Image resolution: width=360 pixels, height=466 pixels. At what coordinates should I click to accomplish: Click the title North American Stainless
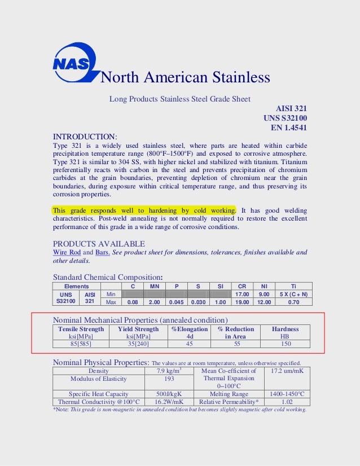(x=185, y=77)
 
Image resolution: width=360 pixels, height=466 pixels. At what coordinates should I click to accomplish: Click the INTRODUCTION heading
(x=85, y=137)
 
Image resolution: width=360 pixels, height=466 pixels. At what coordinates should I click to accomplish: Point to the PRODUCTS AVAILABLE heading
(x=99, y=244)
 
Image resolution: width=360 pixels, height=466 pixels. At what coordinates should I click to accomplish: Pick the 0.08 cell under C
(x=133, y=302)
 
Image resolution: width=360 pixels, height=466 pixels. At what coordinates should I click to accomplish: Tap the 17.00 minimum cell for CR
(x=242, y=294)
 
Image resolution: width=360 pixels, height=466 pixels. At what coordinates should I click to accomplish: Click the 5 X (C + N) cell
(x=293, y=294)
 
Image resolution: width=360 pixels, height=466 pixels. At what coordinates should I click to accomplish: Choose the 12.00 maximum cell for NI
(x=264, y=302)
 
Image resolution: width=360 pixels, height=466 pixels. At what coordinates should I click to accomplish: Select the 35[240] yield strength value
(x=138, y=343)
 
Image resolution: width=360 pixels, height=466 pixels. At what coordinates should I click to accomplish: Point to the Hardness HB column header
(x=285, y=332)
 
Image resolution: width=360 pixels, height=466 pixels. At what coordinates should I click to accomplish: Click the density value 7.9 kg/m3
(x=168, y=371)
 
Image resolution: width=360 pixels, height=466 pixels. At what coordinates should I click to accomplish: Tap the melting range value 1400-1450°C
(x=287, y=394)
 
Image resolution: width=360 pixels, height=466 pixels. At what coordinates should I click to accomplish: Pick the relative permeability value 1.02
(x=287, y=402)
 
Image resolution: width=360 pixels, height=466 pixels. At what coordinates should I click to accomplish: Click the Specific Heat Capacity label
(x=99, y=394)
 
